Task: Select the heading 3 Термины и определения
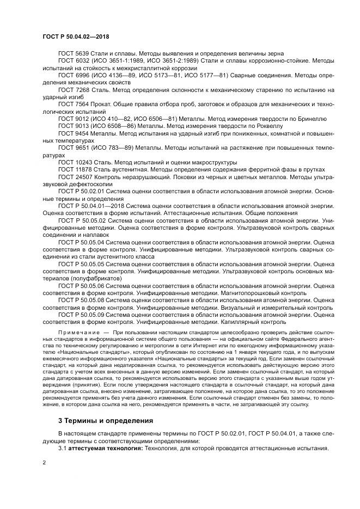(x=98, y=421)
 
